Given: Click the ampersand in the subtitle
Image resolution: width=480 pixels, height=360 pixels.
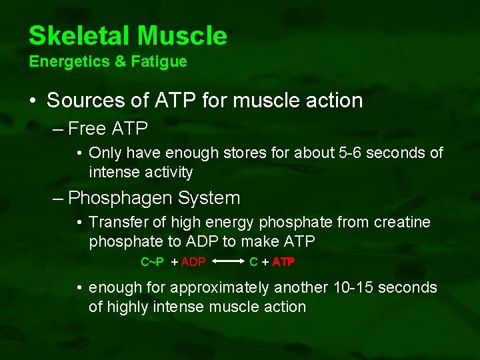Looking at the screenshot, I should click(x=121, y=62).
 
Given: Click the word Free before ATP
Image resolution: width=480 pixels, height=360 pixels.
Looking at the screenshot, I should click(x=86, y=127).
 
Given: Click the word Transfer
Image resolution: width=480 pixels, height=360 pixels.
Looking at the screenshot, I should click(x=117, y=222).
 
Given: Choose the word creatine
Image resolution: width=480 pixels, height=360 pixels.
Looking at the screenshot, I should click(x=404, y=222).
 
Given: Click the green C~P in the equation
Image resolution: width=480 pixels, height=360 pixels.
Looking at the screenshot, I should click(x=152, y=262).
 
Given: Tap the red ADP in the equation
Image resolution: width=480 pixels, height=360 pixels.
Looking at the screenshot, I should click(x=193, y=262).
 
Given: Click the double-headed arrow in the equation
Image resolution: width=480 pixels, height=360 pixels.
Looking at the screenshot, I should click(x=227, y=262).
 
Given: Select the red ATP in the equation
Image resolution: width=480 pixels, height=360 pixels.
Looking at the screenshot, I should click(x=283, y=262).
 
